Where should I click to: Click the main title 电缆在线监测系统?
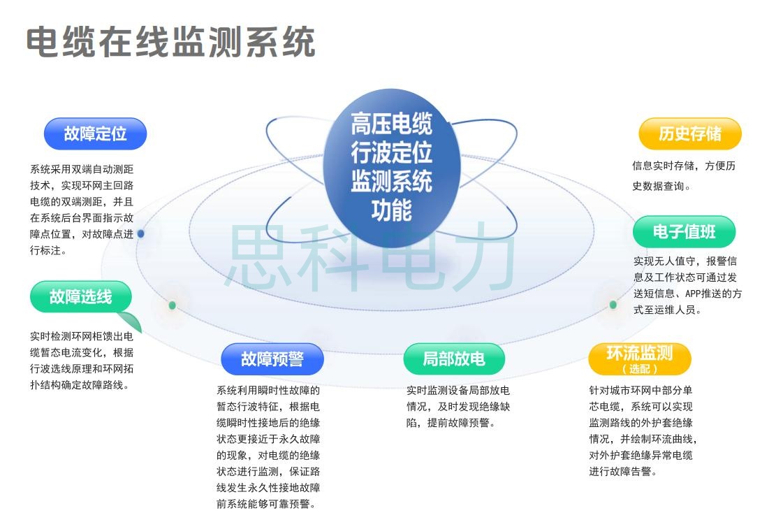(171, 43)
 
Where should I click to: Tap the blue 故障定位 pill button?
(96, 133)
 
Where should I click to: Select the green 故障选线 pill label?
(80, 296)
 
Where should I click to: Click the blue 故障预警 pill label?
(272, 359)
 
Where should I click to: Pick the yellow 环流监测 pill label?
(639, 353)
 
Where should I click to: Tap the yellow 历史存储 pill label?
(690, 133)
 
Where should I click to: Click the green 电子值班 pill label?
(685, 231)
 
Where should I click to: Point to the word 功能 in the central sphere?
(391, 210)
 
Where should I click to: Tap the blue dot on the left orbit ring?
(141, 233)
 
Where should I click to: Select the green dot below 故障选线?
(173, 305)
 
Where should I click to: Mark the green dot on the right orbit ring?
(613, 305)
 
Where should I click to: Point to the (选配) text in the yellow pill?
(639, 368)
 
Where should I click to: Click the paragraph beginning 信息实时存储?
(683, 176)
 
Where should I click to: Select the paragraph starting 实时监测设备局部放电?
(458, 406)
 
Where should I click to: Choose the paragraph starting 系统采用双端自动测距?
(82, 210)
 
